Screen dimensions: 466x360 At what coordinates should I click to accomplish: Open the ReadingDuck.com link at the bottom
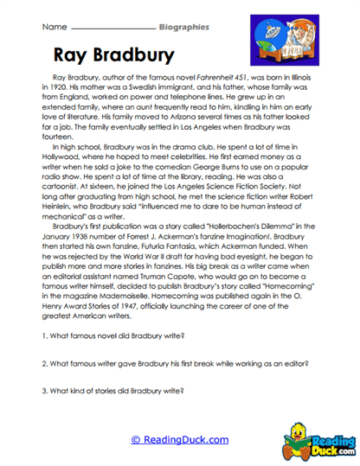click(179, 440)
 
